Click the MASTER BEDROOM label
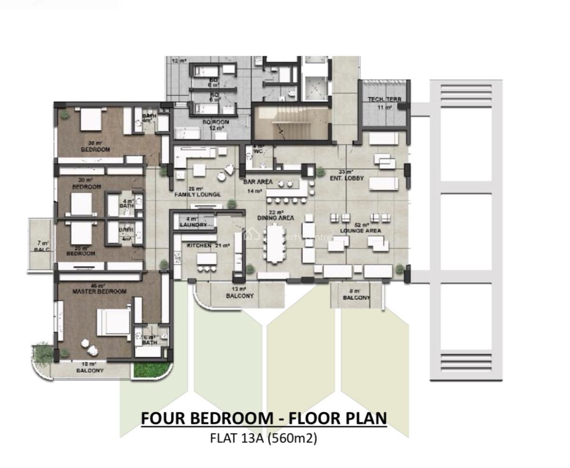click(x=99, y=291)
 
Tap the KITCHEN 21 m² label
click(x=209, y=245)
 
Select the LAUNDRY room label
click(x=193, y=225)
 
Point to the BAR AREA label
click(x=257, y=182)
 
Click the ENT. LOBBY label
click(x=347, y=178)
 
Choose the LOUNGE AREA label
click(x=360, y=231)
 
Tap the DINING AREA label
click(x=276, y=218)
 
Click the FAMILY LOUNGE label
click(x=198, y=195)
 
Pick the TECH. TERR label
click(x=384, y=100)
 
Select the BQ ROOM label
click(x=216, y=122)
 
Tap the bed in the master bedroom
click(x=114, y=324)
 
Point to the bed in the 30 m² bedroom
click(x=91, y=119)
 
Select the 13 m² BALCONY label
click(x=240, y=296)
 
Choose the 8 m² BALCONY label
click(x=356, y=298)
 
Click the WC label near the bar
click(x=258, y=151)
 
